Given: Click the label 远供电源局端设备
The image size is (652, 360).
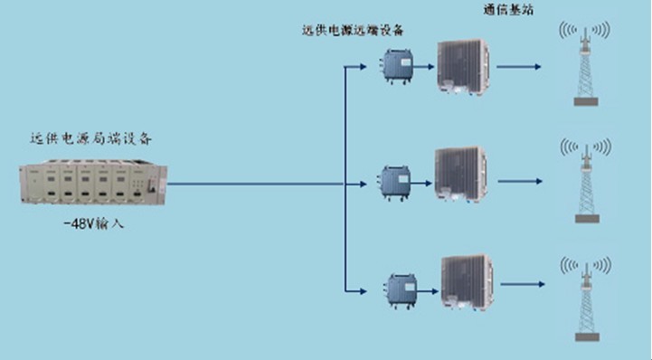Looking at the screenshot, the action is [x=91, y=138].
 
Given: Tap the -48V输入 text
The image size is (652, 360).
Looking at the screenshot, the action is [x=93, y=224].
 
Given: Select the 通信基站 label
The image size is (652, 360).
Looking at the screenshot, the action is [x=508, y=10].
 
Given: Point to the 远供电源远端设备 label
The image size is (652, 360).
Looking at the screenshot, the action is [x=353, y=31].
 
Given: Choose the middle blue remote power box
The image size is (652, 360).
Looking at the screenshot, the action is [x=395, y=183].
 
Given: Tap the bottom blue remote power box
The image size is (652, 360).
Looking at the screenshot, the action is [x=401, y=290].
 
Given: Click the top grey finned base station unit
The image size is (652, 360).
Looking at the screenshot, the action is [x=463, y=67].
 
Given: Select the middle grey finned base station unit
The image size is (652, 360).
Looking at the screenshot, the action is [x=460, y=175].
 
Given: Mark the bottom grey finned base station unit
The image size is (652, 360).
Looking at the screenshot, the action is [x=468, y=282].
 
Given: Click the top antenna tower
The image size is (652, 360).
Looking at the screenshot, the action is [x=585, y=63].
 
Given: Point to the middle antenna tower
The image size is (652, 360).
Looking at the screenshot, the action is [x=586, y=181].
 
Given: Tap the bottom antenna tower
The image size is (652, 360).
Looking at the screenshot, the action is [x=586, y=298].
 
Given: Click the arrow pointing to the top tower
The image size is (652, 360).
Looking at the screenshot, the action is [x=519, y=67].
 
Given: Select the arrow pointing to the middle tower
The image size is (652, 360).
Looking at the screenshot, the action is [x=520, y=181].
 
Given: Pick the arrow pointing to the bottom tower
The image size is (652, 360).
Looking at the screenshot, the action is [x=523, y=284].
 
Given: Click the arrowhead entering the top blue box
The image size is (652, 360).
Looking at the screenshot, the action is [x=364, y=67].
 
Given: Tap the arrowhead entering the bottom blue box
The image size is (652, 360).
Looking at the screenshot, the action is [x=364, y=291].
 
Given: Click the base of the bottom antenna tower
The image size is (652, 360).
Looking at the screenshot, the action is [x=587, y=337].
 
